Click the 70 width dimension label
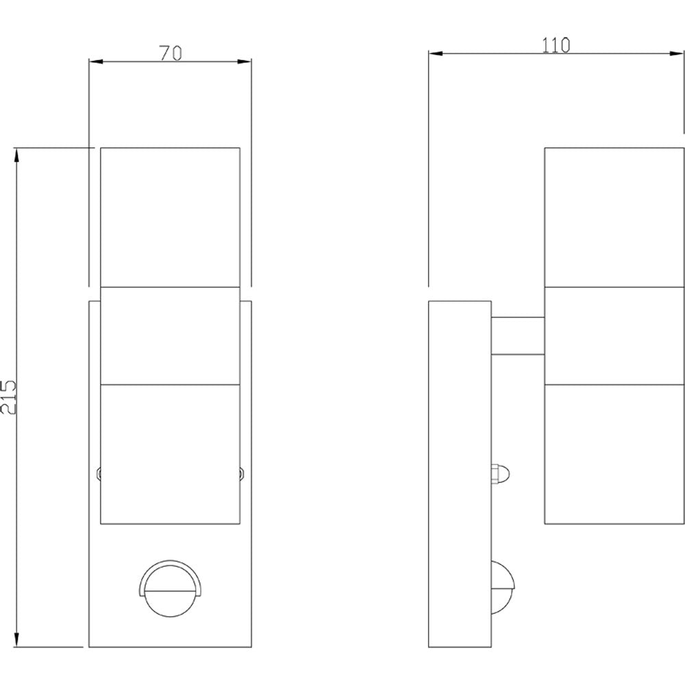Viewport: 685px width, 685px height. click(x=171, y=53)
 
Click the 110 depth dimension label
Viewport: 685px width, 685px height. click(x=556, y=45)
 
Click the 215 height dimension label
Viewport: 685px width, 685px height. click(x=9, y=397)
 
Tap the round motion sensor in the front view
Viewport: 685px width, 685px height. click(x=171, y=588)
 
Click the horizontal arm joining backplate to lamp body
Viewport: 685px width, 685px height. click(x=518, y=336)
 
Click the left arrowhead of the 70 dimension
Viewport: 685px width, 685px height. click(x=96, y=61)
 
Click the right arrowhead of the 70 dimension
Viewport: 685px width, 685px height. click(x=245, y=61)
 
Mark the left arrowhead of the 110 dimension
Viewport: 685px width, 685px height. click(x=436, y=53)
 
